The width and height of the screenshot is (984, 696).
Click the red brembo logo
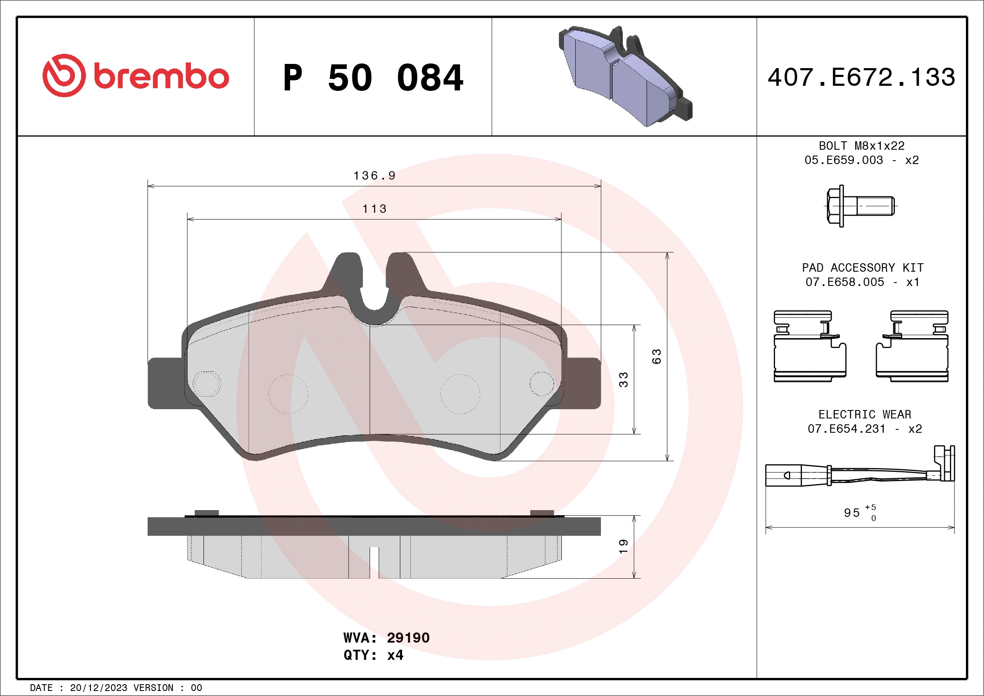tap(135, 76)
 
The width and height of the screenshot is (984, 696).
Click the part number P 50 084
tap(373, 78)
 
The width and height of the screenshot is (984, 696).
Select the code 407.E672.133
tap(862, 77)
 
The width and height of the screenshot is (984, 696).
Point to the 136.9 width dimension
tap(374, 176)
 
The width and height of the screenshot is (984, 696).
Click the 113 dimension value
tap(374, 209)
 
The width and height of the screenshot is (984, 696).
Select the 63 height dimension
tap(656, 357)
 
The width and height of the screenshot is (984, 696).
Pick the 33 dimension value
tap(624, 380)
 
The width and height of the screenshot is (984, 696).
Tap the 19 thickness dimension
tap(624, 546)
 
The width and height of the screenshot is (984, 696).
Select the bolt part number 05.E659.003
tap(844, 160)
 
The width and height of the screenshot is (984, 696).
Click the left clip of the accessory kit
tap(809, 346)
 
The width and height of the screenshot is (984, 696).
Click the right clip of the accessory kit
tap(912, 346)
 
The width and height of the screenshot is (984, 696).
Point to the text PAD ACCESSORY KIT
tap(862, 268)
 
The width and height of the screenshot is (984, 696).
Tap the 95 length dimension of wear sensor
tap(852, 513)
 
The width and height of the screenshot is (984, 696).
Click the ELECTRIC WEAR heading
tap(865, 414)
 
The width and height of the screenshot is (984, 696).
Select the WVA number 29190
tap(407, 638)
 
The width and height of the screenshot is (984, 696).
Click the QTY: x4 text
tap(373, 655)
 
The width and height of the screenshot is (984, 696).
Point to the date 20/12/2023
tap(98, 688)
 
